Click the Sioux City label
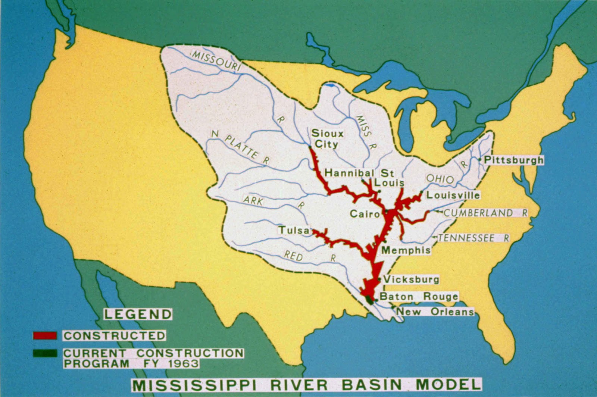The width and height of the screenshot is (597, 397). [x=327, y=138]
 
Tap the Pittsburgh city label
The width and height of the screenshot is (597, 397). [x=513, y=160]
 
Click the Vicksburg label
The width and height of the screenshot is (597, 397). [x=411, y=279]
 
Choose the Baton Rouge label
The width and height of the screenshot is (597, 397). [x=419, y=297]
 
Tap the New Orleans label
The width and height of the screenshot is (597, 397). [x=435, y=312]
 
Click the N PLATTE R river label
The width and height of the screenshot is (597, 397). [x=240, y=147]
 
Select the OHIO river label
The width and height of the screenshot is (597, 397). [x=440, y=179]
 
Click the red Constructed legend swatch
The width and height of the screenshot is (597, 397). [x=45, y=335]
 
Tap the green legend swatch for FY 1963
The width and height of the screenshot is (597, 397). [x=45, y=353]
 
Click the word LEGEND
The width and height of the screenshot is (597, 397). [x=138, y=314]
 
